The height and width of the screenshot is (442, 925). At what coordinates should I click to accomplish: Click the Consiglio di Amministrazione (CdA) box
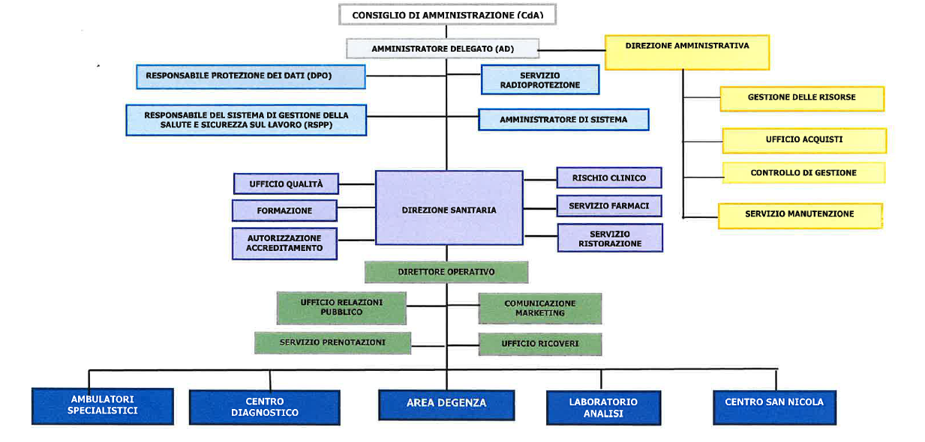[x=447, y=15]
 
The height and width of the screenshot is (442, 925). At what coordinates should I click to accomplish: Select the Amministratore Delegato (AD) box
[x=443, y=49]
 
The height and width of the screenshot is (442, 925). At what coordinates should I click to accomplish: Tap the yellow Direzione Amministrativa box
[x=686, y=52]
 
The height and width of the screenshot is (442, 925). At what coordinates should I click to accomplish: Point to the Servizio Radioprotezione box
[x=539, y=80]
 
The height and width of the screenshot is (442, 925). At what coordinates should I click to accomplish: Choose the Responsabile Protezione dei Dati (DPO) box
[x=250, y=76]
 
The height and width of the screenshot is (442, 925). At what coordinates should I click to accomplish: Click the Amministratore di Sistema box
[x=563, y=120]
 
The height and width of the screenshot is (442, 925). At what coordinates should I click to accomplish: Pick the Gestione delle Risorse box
[x=801, y=98]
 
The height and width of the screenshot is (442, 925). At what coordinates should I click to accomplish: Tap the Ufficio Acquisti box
[x=803, y=140]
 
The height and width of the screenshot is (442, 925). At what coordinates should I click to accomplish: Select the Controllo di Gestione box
[x=803, y=173]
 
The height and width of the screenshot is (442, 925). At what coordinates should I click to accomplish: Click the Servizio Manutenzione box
[x=799, y=215]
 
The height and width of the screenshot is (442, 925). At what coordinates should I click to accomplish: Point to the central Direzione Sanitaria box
[x=449, y=208]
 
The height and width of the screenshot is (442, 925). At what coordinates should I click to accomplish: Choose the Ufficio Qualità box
[x=285, y=184]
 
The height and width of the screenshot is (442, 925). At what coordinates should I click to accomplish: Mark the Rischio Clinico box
[x=609, y=178]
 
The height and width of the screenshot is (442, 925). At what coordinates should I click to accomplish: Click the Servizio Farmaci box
[x=609, y=206]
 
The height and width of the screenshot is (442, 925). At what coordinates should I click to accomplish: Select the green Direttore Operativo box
[x=446, y=272]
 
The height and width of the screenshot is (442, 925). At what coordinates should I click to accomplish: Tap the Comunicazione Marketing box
[x=539, y=308]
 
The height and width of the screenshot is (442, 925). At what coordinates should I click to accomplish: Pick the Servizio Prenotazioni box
[x=332, y=343]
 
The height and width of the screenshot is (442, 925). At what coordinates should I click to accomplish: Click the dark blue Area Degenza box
[x=446, y=404]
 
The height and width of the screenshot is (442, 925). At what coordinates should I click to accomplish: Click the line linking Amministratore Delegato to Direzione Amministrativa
[x=572, y=50]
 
